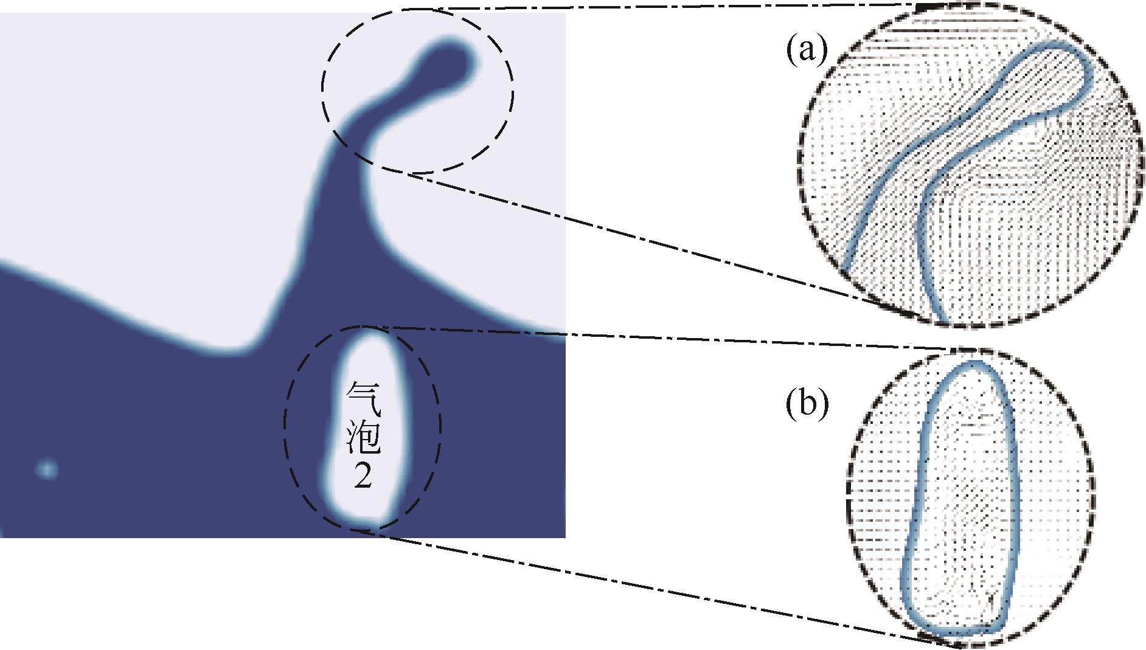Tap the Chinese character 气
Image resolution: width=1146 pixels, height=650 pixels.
[363, 398]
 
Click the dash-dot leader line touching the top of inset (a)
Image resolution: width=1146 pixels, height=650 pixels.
[669, 7]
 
